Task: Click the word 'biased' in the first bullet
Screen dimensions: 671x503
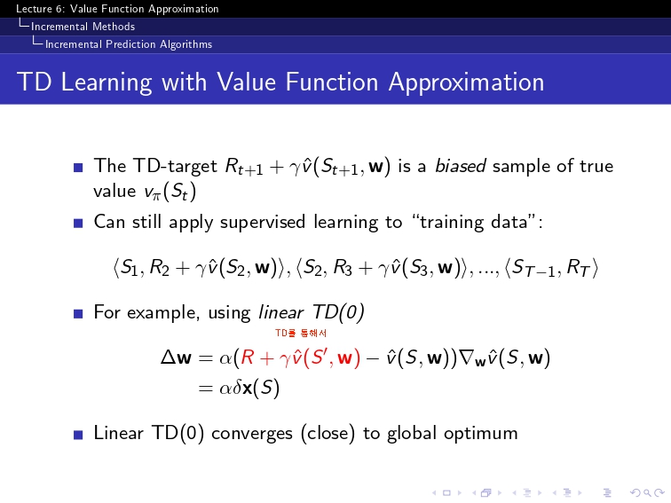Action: pos(461,166)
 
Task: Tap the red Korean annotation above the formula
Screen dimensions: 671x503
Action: pos(301,334)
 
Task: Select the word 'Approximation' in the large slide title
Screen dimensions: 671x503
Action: pos(467,83)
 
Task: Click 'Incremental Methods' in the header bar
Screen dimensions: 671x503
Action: pos(83,27)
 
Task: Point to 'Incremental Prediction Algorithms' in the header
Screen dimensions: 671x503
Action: pos(129,44)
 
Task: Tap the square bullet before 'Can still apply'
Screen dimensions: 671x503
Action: pos(78,223)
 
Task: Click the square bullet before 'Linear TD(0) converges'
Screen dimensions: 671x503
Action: pos(78,435)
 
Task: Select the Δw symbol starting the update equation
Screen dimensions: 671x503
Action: pos(176,357)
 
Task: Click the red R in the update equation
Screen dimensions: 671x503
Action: pos(248,358)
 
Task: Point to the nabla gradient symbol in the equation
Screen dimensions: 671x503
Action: pos(465,357)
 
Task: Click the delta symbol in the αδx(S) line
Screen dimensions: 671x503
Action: pos(237,388)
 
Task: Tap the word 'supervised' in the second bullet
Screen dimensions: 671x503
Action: pos(263,223)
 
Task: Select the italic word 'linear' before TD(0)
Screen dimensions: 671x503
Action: pos(281,312)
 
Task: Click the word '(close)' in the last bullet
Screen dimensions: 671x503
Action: pos(328,433)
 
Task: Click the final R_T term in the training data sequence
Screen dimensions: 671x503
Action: pos(578,268)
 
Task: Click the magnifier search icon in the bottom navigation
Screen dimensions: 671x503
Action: pos(647,493)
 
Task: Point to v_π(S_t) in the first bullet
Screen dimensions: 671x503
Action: pos(170,192)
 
